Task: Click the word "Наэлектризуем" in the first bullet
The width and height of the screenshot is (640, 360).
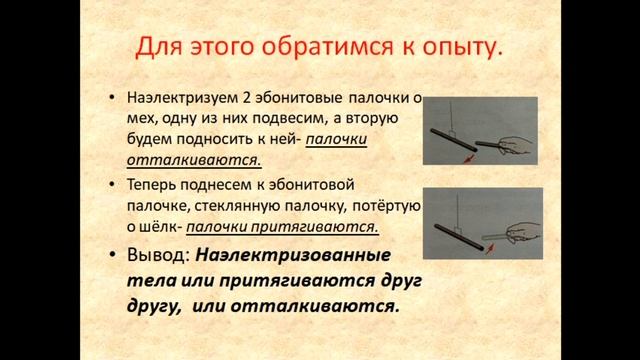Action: tap(177, 98)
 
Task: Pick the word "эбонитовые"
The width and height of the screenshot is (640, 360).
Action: tap(290, 98)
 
